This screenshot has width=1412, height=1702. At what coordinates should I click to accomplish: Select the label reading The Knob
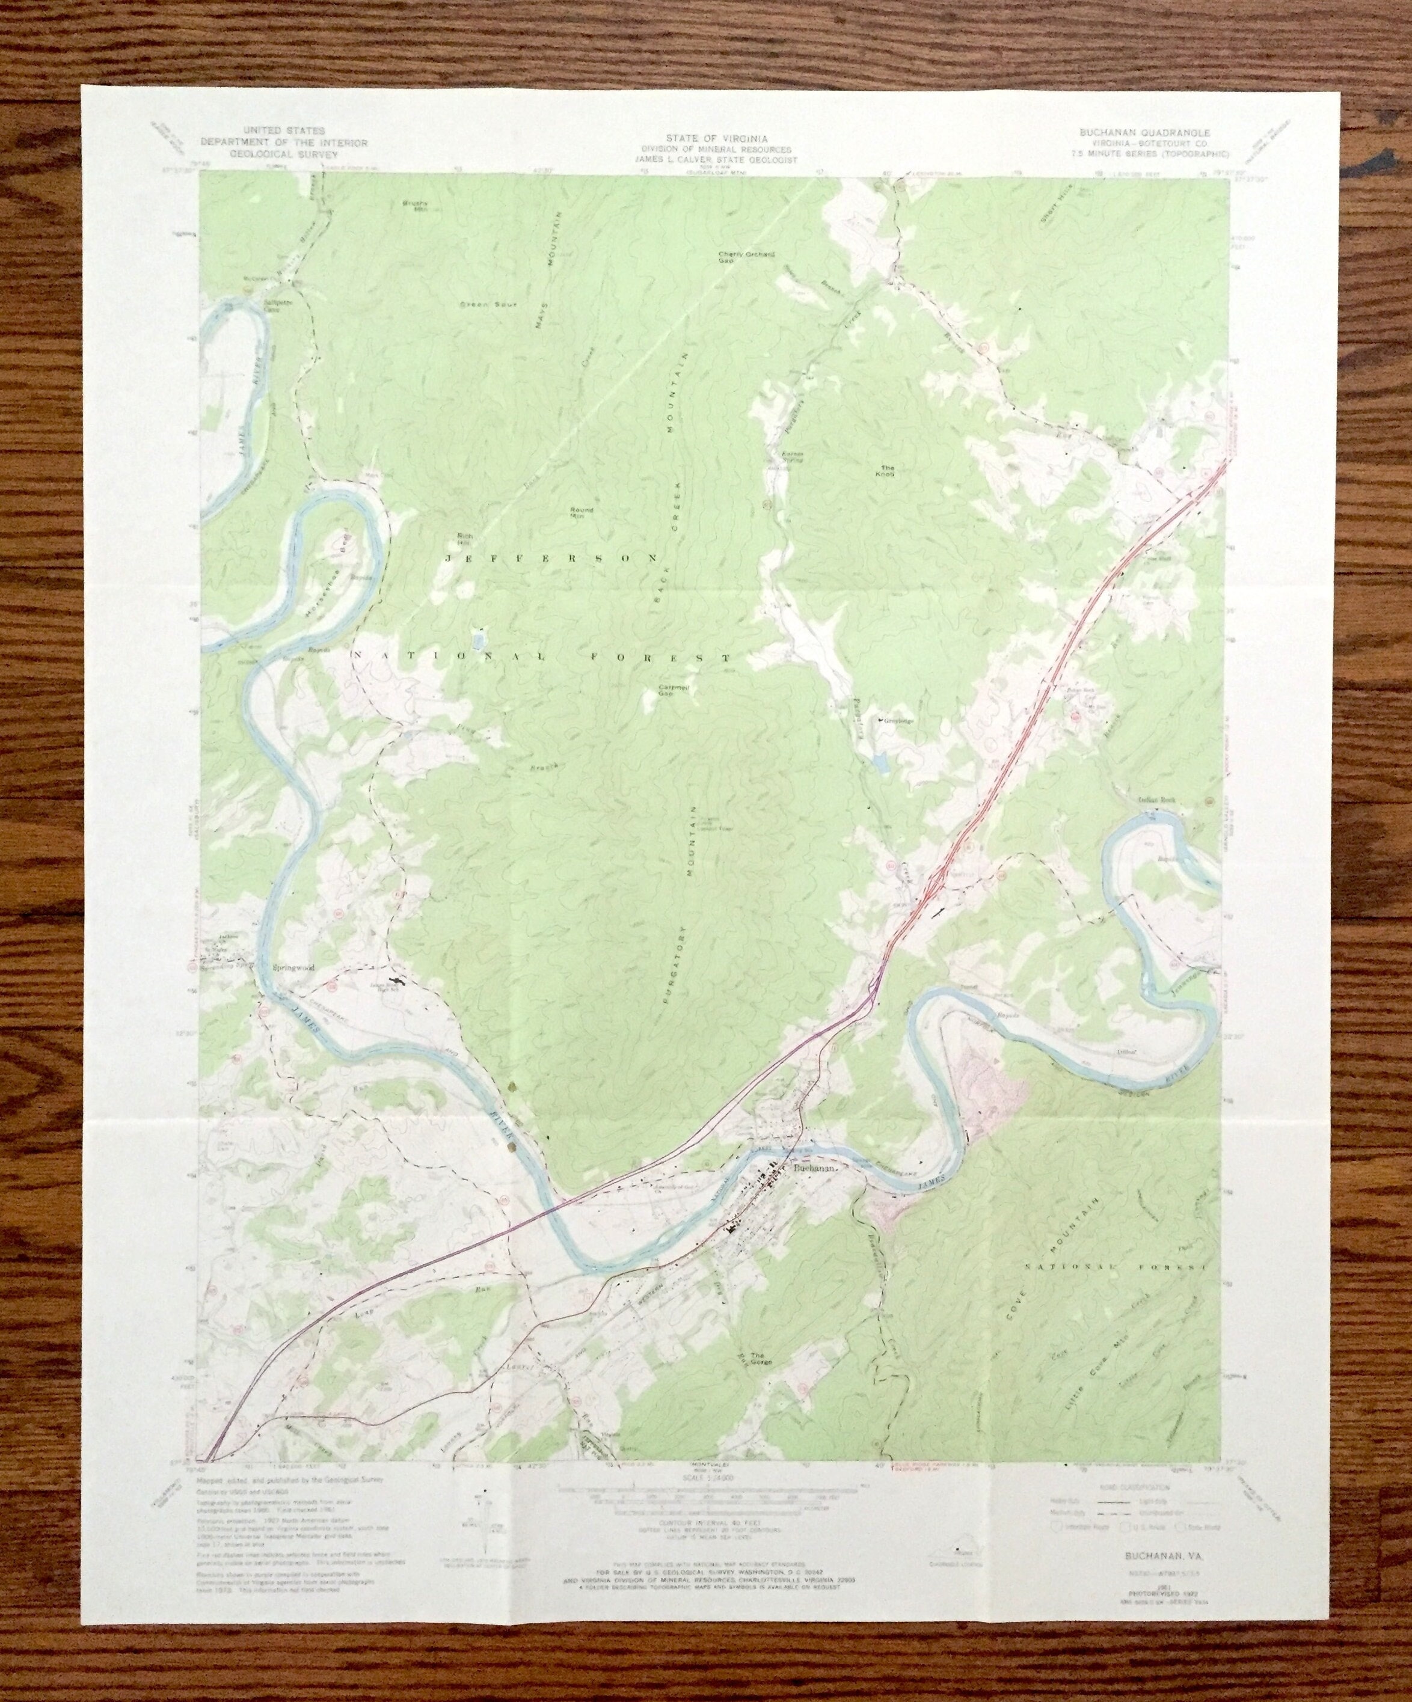pyautogui.click(x=888, y=471)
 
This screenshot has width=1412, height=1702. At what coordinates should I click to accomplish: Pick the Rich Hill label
pyautogui.click(x=464, y=537)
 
